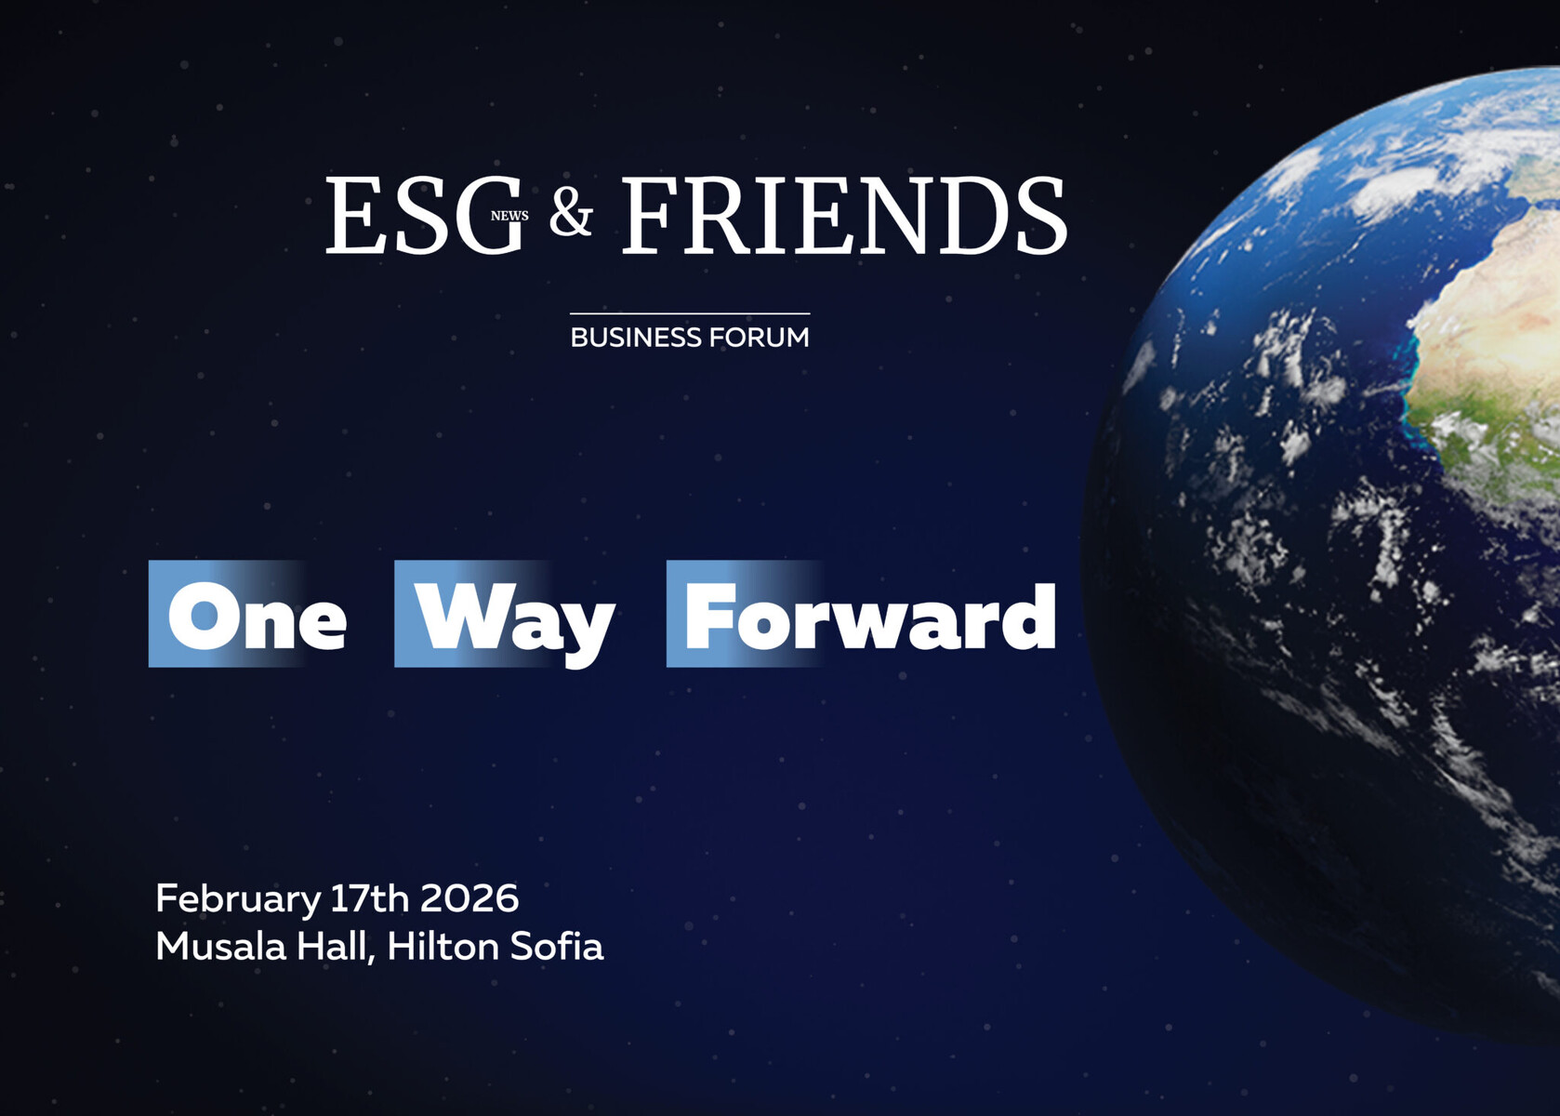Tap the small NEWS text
point(509,216)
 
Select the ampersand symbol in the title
point(571,213)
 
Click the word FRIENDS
point(844,215)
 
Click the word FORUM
point(760,338)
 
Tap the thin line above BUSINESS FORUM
point(690,313)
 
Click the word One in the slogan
point(257,616)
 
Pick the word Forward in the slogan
point(870,616)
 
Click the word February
point(237,899)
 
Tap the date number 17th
point(369,898)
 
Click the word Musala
point(220,947)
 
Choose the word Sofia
point(557,947)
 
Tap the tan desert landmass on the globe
point(1498,327)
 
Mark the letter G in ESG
point(486,215)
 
